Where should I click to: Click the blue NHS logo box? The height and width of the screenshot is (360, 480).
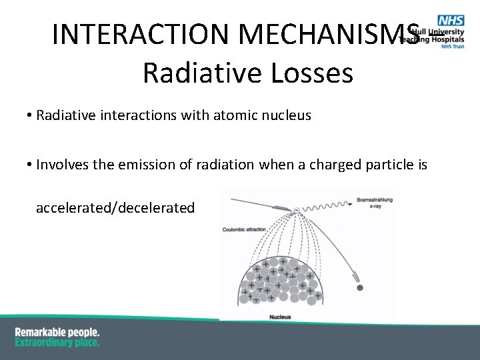click(x=451, y=21)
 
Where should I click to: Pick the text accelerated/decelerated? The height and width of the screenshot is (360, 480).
click(x=115, y=208)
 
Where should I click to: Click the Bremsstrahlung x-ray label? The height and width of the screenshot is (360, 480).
click(x=374, y=203)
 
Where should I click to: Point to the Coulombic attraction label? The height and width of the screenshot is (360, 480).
click(x=244, y=229)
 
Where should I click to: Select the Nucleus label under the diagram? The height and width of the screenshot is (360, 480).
click(x=280, y=317)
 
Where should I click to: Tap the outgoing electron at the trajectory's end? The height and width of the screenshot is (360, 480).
click(x=360, y=287)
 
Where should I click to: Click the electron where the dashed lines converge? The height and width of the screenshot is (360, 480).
click(x=297, y=211)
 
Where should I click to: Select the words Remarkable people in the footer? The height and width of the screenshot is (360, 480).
click(x=57, y=332)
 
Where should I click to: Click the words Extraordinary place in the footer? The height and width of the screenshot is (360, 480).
click(x=57, y=343)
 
